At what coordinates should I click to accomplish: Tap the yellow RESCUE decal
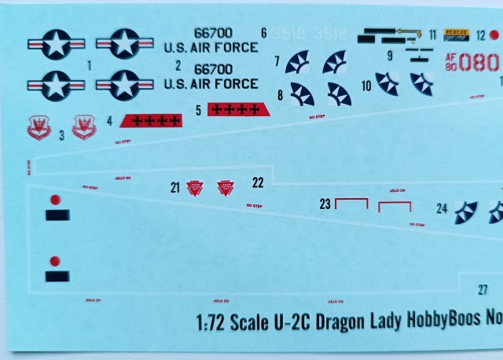(x=457, y=34)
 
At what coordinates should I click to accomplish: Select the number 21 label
(x=174, y=187)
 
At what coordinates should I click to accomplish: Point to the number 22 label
(x=258, y=182)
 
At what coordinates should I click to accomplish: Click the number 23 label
(x=325, y=204)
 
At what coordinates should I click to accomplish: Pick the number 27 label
(x=483, y=289)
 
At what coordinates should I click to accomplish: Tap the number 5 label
(x=199, y=109)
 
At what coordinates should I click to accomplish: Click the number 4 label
(x=109, y=122)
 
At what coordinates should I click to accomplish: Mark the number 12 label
(x=480, y=35)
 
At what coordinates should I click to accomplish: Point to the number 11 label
(x=433, y=35)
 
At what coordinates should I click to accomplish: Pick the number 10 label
(x=366, y=85)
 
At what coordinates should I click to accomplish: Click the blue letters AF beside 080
(x=450, y=57)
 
